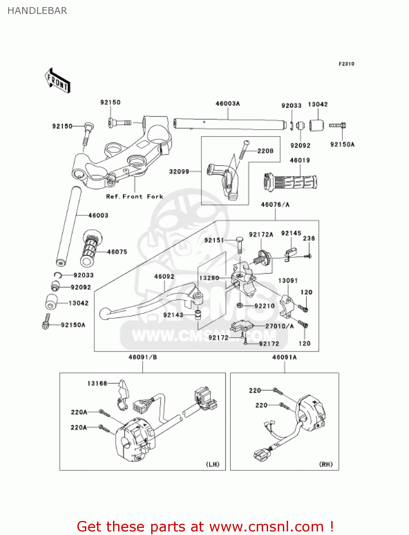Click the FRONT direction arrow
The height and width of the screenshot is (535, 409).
(57, 81)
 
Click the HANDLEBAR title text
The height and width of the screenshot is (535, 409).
(37, 11)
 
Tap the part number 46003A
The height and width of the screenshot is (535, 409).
(227, 104)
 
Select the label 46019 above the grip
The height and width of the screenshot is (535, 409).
(300, 160)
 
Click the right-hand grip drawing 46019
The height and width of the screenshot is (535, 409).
(291, 182)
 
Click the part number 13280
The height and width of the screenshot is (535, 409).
(209, 278)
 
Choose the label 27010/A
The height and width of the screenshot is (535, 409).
(280, 326)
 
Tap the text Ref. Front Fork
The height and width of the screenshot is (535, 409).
(134, 197)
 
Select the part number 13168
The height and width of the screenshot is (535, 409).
(97, 383)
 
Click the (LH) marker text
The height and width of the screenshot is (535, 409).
(213, 464)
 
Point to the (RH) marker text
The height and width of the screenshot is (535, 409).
(326, 464)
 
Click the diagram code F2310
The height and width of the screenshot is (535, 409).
(346, 64)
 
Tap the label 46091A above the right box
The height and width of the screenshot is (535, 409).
(284, 357)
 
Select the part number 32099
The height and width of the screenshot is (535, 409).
(179, 172)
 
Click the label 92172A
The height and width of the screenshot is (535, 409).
(261, 234)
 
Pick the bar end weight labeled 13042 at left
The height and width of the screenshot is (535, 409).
(51, 302)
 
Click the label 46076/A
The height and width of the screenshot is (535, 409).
(275, 205)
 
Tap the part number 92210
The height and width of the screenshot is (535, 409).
(264, 306)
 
